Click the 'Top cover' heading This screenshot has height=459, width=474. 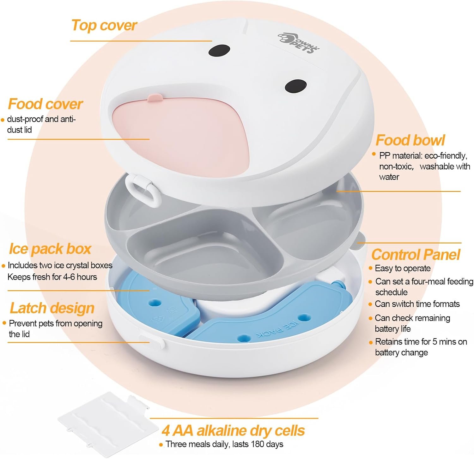click(x=104, y=25)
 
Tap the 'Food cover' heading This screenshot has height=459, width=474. click(x=45, y=104)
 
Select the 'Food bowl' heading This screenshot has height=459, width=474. click(x=410, y=140)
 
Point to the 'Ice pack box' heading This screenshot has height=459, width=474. click(x=50, y=249)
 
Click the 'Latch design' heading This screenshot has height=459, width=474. click(x=52, y=308)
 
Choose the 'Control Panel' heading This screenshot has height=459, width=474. click(x=416, y=254)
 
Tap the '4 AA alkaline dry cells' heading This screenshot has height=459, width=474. click(x=233, y=430)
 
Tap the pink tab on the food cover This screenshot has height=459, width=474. click(x=155, y=98)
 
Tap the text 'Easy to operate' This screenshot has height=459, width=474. click(x=403, y=268)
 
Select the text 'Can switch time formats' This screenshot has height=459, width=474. click(x=417, y=304)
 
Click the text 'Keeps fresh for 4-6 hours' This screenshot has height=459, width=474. click(x=52, y=277)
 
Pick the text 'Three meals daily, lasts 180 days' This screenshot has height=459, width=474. click(x=224, y=444)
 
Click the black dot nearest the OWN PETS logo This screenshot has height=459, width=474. click(x=219, y=50)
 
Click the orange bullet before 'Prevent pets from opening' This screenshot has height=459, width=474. click(x=4, y=323)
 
